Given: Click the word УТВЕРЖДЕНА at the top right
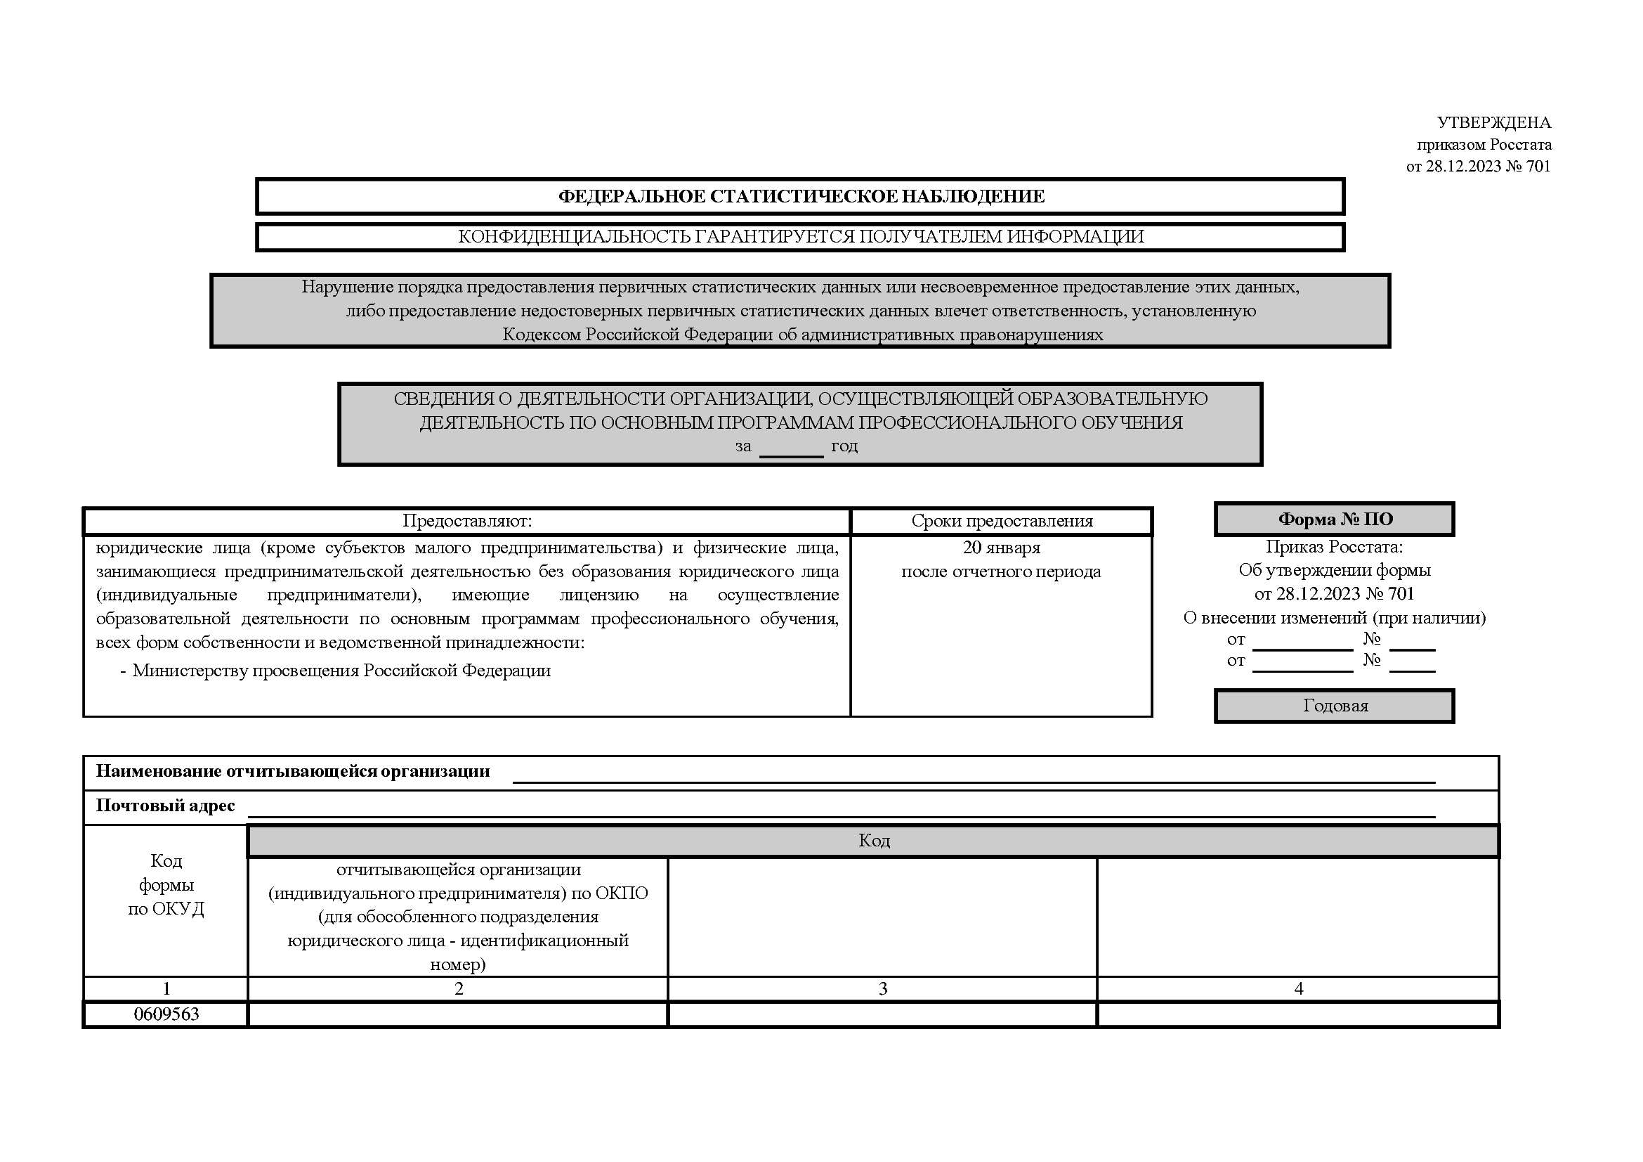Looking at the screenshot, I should [1493, 123].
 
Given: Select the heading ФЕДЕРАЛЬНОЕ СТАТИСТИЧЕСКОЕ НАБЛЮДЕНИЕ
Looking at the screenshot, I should [801, 197].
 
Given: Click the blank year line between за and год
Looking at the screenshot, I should [791, 448].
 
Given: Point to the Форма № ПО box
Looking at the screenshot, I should [1335, 519].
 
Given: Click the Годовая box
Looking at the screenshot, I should [1335, 706].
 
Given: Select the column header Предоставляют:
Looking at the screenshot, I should [466, 521].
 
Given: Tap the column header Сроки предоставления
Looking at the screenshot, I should [1002, 521].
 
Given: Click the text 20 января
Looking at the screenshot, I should [1001, 548].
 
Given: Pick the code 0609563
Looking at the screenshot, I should [166, 1014].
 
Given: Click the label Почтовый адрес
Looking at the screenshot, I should [165, 806].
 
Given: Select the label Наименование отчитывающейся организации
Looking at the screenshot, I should [293, 771].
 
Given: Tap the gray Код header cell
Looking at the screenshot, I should [873, 841].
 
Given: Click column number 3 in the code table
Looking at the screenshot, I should [882, 989].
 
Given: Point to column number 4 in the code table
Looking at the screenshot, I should [1298, 989].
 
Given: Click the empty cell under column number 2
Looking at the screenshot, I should [458, 1014].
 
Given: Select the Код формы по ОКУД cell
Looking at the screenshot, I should [166, 885].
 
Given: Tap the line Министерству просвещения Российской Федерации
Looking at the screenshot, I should [341, 671].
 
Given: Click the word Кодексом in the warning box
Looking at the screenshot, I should [542, 335].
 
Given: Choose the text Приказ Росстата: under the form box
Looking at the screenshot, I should [1334, 547].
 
